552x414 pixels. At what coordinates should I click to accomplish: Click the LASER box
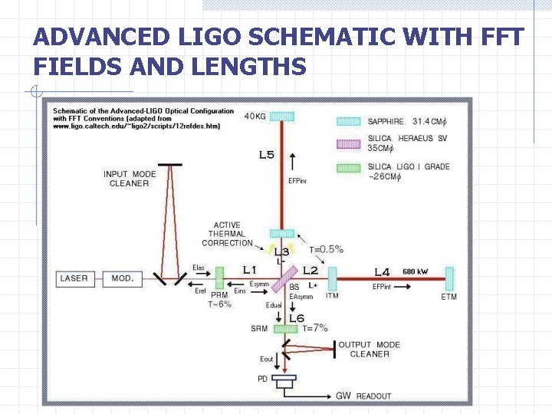(x=74, y=278)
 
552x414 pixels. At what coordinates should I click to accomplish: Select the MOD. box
(x=123, y=278)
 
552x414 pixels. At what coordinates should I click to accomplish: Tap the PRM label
(x=219, y=294)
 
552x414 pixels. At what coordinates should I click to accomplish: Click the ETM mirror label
(x=449, y=297)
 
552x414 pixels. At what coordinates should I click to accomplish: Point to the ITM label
(x=333, y=296)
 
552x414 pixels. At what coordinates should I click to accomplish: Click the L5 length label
(x=266, y=155)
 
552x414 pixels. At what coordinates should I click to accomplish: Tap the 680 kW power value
(x=416, y=271)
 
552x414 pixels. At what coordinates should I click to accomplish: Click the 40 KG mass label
(x=256, y=117)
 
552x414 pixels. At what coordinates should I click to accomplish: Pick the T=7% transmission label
(x=317, y=328)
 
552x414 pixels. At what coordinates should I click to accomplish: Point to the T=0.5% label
(x=326, y=249)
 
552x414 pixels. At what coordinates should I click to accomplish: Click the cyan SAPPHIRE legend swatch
(x=349, y=121)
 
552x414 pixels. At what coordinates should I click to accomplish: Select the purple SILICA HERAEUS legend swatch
(x=349, y=143)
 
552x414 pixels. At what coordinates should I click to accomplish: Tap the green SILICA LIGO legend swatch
(x=349, y=166)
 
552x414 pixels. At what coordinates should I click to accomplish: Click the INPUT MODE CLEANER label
(x=130, y=179)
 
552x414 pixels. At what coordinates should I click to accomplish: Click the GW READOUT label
(x=363, y=396)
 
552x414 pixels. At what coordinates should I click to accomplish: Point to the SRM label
(x=259, y=329)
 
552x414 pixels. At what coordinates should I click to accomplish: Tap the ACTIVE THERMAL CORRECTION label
(x=227, y=235)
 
